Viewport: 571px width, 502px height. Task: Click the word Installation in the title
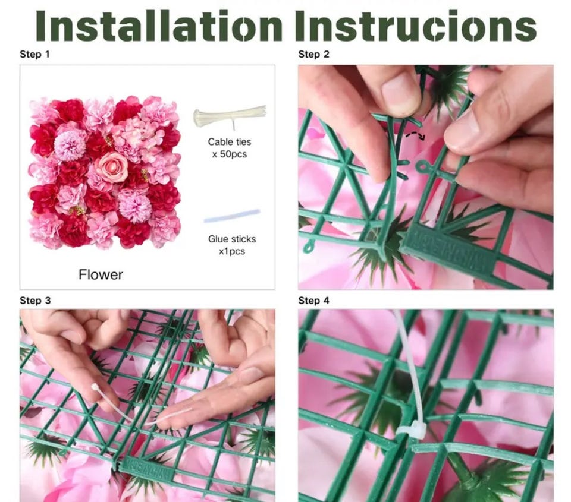tap(159, 26)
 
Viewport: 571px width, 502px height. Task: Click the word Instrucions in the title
tap(416, 26)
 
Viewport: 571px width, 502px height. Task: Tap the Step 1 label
tap(34, 55)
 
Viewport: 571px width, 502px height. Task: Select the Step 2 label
tap(313, 55)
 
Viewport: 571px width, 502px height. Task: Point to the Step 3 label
tap(35, 301)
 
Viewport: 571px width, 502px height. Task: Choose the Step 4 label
tap(313, 301)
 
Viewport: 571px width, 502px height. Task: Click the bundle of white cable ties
tap(230, 116)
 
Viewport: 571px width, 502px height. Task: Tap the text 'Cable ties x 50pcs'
tap(230, 148)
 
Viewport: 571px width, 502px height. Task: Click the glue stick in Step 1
tap(232, 216)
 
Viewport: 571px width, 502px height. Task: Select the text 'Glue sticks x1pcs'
tap(232, 245)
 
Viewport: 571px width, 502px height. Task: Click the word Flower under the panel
tap(101, 274)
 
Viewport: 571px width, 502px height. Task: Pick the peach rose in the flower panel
tap(111, 166)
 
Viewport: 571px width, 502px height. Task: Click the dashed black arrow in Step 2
tap(416, 135)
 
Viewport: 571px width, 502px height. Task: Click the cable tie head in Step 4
tap(411, 428)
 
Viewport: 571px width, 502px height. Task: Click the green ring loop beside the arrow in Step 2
tap(423, 167)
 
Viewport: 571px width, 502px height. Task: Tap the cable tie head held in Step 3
tap(95, 387)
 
